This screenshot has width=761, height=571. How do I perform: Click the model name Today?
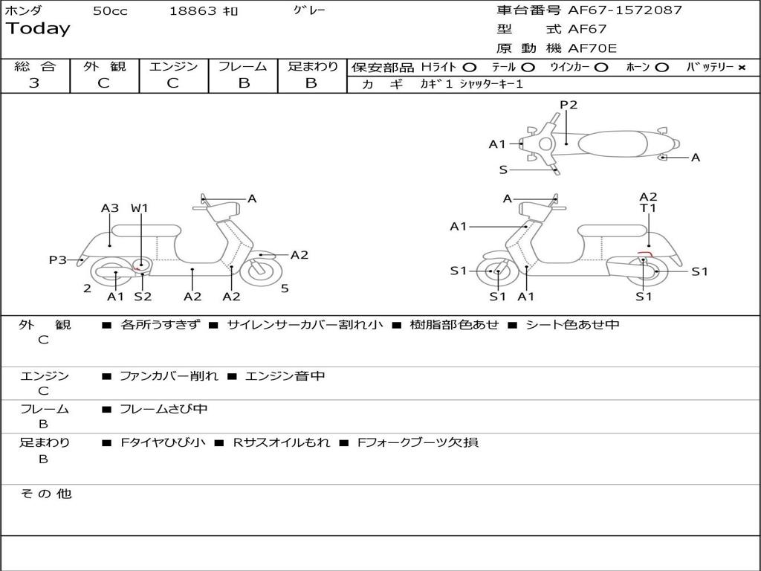point(38,29)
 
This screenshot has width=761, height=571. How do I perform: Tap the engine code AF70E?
point(592,48)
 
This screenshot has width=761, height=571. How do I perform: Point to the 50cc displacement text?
point(110,11)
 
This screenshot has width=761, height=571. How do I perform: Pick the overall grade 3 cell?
point(34,83)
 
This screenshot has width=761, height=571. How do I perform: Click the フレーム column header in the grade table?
point(243,66)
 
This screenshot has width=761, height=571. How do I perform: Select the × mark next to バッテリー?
point(741,68)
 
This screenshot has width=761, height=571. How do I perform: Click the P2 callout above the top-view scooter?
point(569,105)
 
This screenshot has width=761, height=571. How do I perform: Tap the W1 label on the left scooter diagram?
point(140,208)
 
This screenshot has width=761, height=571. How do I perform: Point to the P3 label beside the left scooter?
point(58,259)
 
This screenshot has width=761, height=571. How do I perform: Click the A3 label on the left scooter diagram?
point(110,208)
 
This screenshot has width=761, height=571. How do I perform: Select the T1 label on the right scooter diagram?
point(648,208)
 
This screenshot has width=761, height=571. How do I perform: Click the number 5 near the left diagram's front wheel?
point(285,288)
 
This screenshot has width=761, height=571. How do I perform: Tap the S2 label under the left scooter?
point(143,297)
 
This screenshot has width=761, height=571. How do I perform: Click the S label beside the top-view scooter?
point(503,170)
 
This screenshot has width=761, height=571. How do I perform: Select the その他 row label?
point(45,494)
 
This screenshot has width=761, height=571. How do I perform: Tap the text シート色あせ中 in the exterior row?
point(572,324)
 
